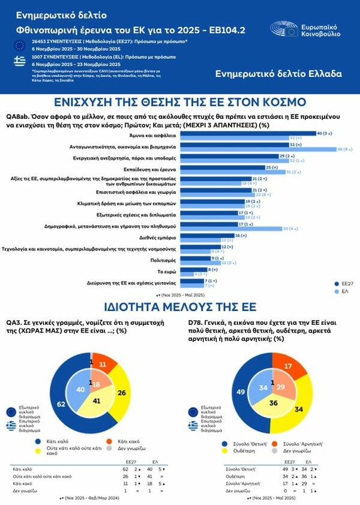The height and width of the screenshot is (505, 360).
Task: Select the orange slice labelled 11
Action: coord(102,364)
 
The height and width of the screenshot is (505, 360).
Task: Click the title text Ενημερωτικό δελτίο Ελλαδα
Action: coord(278,74)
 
